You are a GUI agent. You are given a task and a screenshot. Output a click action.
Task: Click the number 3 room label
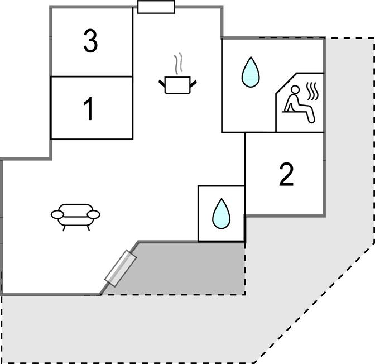pyautogui.click(x=90, y=42)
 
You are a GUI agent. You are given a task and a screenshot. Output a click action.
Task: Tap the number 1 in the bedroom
pyautogui.click(x=89, y=109)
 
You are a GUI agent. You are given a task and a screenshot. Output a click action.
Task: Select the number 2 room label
pyautogui.click(x=286, y=175)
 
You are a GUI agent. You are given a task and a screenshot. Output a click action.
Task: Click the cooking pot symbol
pyautogui.click(x=178, y=85)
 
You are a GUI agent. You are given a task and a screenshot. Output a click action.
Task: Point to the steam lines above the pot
pyautogui.click(x=179, y=64)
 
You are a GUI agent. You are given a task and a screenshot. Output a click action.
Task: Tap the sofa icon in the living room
pyautogui.click(x=75, y=215)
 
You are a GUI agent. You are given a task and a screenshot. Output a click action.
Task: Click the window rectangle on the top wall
pyautogui.click(x=156, y=7)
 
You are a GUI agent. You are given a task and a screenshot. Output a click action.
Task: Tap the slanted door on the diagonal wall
pyautogui.click(x=121, y=269)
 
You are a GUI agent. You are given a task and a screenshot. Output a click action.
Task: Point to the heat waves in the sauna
pyautogui.click(x=314, y=90)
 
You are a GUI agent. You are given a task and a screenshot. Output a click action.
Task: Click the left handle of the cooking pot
pyautogui.click(x=162, y=83)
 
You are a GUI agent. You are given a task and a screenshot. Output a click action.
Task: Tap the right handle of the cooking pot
pyautogui.click(x=194, y=83)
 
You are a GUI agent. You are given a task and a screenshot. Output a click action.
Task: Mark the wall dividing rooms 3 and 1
pyautogui.click(x=92, y=76)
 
